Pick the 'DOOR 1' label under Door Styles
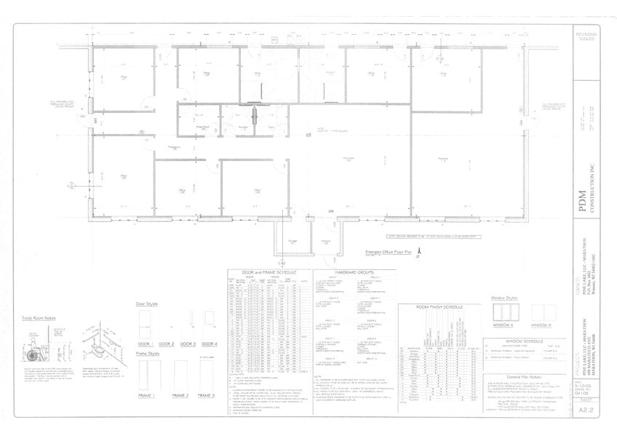[146, 343]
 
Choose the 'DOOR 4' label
[210, 343]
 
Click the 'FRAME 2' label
[180, 395]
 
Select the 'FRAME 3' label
[207, 395]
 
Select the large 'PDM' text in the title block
[581, 207]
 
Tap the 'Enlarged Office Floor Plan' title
[387, 252]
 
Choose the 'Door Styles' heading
[147, 304]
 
